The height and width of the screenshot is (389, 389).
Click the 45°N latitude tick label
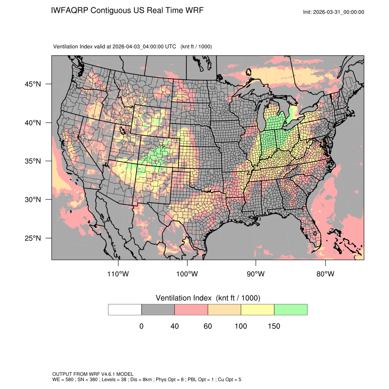[x=33, y=84]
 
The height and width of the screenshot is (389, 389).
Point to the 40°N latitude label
[x=33, y=123]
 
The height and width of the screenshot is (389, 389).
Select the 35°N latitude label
[x=33, y=161]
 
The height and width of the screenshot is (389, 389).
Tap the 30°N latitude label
[x=33, y=200]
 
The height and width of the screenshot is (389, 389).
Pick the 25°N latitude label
[x=33, y=238]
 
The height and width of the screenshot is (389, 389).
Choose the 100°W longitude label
[x=187, y=274]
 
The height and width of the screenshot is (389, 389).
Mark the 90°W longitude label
[x=256, y=274]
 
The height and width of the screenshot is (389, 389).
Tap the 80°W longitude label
[x=325, y=274]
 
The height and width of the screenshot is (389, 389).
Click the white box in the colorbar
[x=125, y=309]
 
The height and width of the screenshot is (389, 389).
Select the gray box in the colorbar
[x=158, y=309]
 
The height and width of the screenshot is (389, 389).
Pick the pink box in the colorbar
[x=191, y=309]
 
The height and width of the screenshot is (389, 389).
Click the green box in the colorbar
[x=291, y=309]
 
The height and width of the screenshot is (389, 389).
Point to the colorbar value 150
[x=274, y=326]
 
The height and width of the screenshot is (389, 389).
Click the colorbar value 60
[x=208, y=326]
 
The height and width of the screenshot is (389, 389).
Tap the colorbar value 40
[x=174, y=326]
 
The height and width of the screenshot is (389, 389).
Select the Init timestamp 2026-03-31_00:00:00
[x=340, y=12]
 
